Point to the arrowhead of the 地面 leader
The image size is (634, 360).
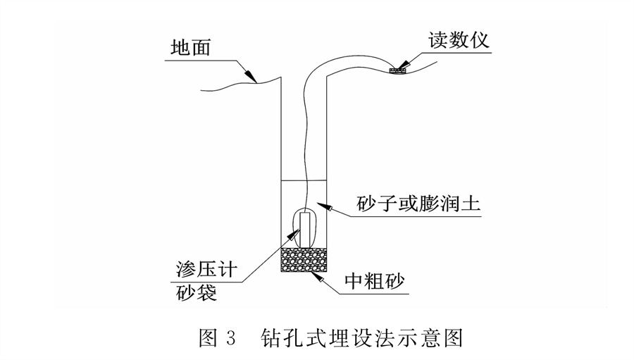pyautogui.click(x=251, y=76)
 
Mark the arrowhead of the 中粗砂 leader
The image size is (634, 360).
pyautogui.click(x=318, y=276)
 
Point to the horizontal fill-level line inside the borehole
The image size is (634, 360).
pyautogui.click(x=305, y=182)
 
